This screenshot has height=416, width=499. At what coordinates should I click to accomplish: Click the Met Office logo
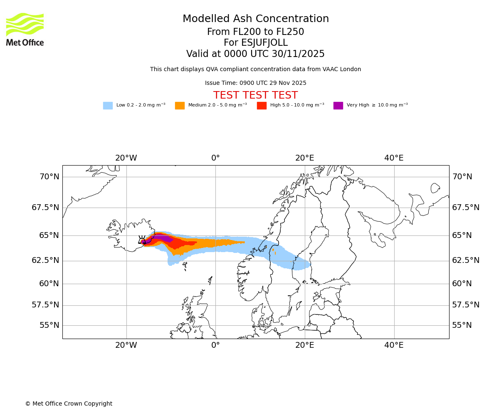tap(25, 29)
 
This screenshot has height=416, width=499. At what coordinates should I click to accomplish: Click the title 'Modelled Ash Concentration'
tap(255, 19)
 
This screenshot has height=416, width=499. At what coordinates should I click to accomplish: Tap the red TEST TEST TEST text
tap(255, 95)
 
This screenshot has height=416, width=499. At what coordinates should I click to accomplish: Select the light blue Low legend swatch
tap(108, 106)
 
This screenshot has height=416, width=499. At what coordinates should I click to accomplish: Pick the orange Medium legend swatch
tap(180, 106)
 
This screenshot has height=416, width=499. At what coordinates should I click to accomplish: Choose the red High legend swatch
tap(262, 106)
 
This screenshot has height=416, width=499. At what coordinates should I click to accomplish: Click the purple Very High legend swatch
tap(338, 106)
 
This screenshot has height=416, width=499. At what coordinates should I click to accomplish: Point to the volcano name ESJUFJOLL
tap(255, 43)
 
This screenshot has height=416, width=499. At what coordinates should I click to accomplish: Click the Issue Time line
tap(255, 83)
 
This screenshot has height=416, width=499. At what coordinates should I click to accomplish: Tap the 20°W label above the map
tap(126, 158)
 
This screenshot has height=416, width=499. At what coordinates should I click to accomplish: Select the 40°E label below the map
tap(394, 345)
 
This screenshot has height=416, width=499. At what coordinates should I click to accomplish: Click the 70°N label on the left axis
tap(49, 177)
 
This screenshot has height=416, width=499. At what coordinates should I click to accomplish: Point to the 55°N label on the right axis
tap(462, 325)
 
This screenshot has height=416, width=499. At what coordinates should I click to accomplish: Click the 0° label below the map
tap(215, 345)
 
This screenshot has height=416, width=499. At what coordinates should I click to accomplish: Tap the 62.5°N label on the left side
tap(45, 260)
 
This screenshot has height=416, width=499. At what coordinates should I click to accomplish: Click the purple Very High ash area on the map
tap(165, 238)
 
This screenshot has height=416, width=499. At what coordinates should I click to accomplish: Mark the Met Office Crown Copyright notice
tap(69, 404)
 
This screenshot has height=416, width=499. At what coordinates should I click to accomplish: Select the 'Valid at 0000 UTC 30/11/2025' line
tap(255, 54)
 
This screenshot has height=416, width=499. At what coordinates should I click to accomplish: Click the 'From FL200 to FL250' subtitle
tap(255, 32)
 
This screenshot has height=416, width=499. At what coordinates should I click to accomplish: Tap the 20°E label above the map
tap(305, 158)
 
